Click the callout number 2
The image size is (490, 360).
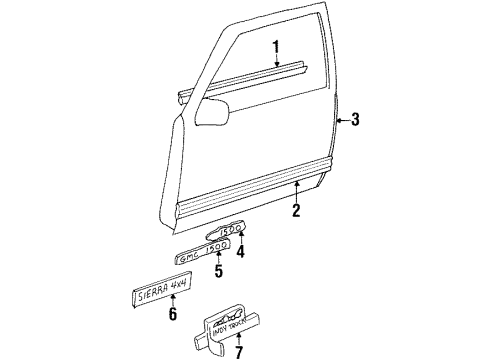[x=296, y=209]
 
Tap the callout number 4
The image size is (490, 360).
[x=240, y=252]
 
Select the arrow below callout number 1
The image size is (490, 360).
[x=277, y=65]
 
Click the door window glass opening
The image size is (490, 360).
[x=270, y=40]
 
